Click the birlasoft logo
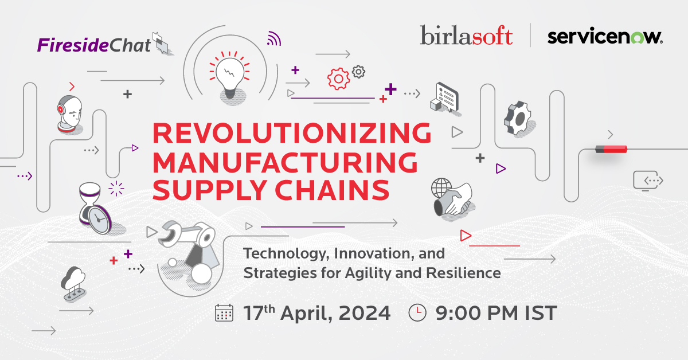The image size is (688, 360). click(x=466, y=36)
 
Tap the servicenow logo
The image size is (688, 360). click(x=605, y=37)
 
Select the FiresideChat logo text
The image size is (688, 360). click(x=94, y=45)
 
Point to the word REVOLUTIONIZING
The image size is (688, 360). click(x=292, y=132)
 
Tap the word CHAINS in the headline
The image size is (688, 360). click(x=332, y=190)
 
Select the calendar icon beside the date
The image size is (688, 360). click(x=224, y=313)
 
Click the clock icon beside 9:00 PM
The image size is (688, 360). click(x=417, y=312)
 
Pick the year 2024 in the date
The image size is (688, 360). click(x=365, y=314)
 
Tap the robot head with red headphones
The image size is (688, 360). click(x=70, y=114)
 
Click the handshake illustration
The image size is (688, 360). click(x=452, y=199)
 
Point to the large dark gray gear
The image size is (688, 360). click(x=518, y=118)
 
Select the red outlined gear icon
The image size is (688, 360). click(x=338, y=79)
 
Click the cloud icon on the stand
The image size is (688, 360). click(x=73, y=283)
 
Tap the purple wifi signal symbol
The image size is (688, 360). click(x=274, y=38)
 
